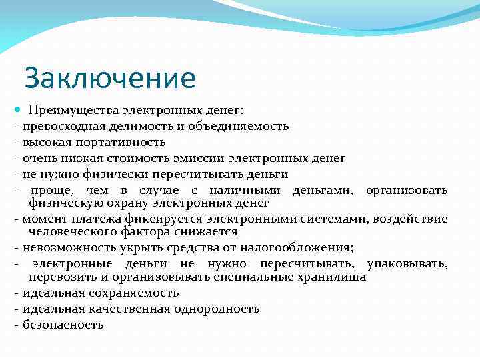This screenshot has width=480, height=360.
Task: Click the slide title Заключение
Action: click(110, 78)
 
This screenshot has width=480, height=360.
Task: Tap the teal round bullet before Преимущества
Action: click(16, 110)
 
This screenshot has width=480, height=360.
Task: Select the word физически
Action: click(107, 174)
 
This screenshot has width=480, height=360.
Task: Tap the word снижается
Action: click(204, 231)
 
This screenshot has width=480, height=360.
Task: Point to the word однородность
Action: click(217, 309)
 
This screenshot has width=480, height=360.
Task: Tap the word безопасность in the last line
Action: click(63, 325)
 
